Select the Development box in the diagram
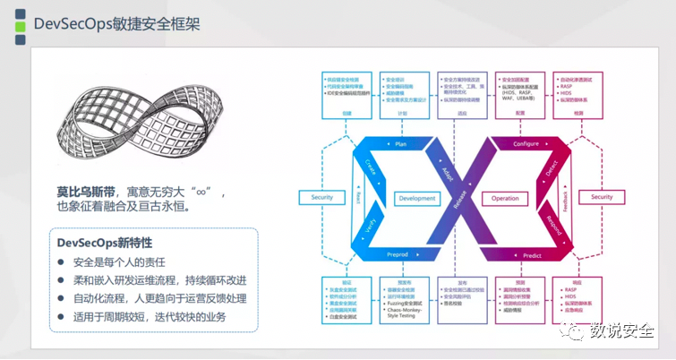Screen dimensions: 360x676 (x=417, y=198)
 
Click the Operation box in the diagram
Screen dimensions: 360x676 (x=505, y=198)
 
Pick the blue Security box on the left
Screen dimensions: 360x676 (x=321, y=197)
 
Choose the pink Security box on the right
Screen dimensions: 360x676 (x=602, y=197)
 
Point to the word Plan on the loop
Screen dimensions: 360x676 (x=400, y=143)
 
